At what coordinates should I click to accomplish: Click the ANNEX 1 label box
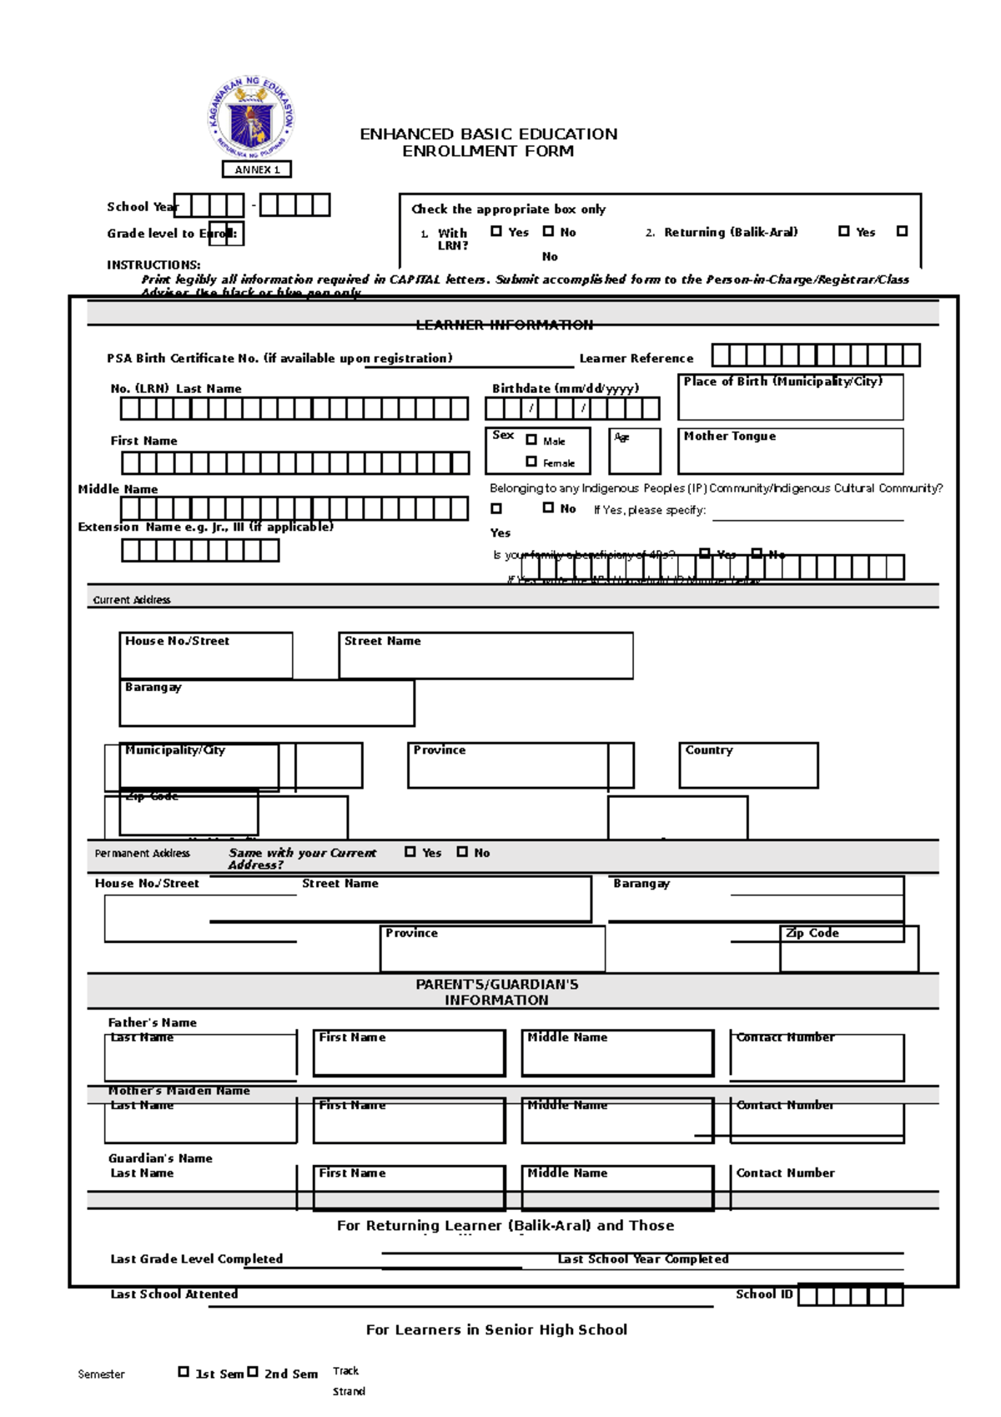click(x=257, y=169)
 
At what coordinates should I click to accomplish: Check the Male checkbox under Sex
click(x=531, y=440)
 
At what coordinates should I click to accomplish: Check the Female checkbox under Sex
click(x=531, y=461)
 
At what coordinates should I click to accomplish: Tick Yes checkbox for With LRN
click(x=496, y=231)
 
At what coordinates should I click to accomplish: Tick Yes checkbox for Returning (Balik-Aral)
click(x=844, y=231)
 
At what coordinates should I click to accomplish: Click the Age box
click(x=635, y=451)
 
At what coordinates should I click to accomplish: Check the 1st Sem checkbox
click(x=184, y=1371)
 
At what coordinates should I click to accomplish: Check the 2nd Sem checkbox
click(x=253, y=1371)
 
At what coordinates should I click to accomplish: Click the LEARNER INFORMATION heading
click(x=505, y=325)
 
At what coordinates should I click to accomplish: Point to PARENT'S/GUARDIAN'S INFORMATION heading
click(x=496, y=991)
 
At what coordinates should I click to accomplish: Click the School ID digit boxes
click(x=851, y=1295)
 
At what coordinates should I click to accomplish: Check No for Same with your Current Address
click(x=462, y=852)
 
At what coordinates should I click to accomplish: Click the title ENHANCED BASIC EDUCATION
click(x=488, y=134)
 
